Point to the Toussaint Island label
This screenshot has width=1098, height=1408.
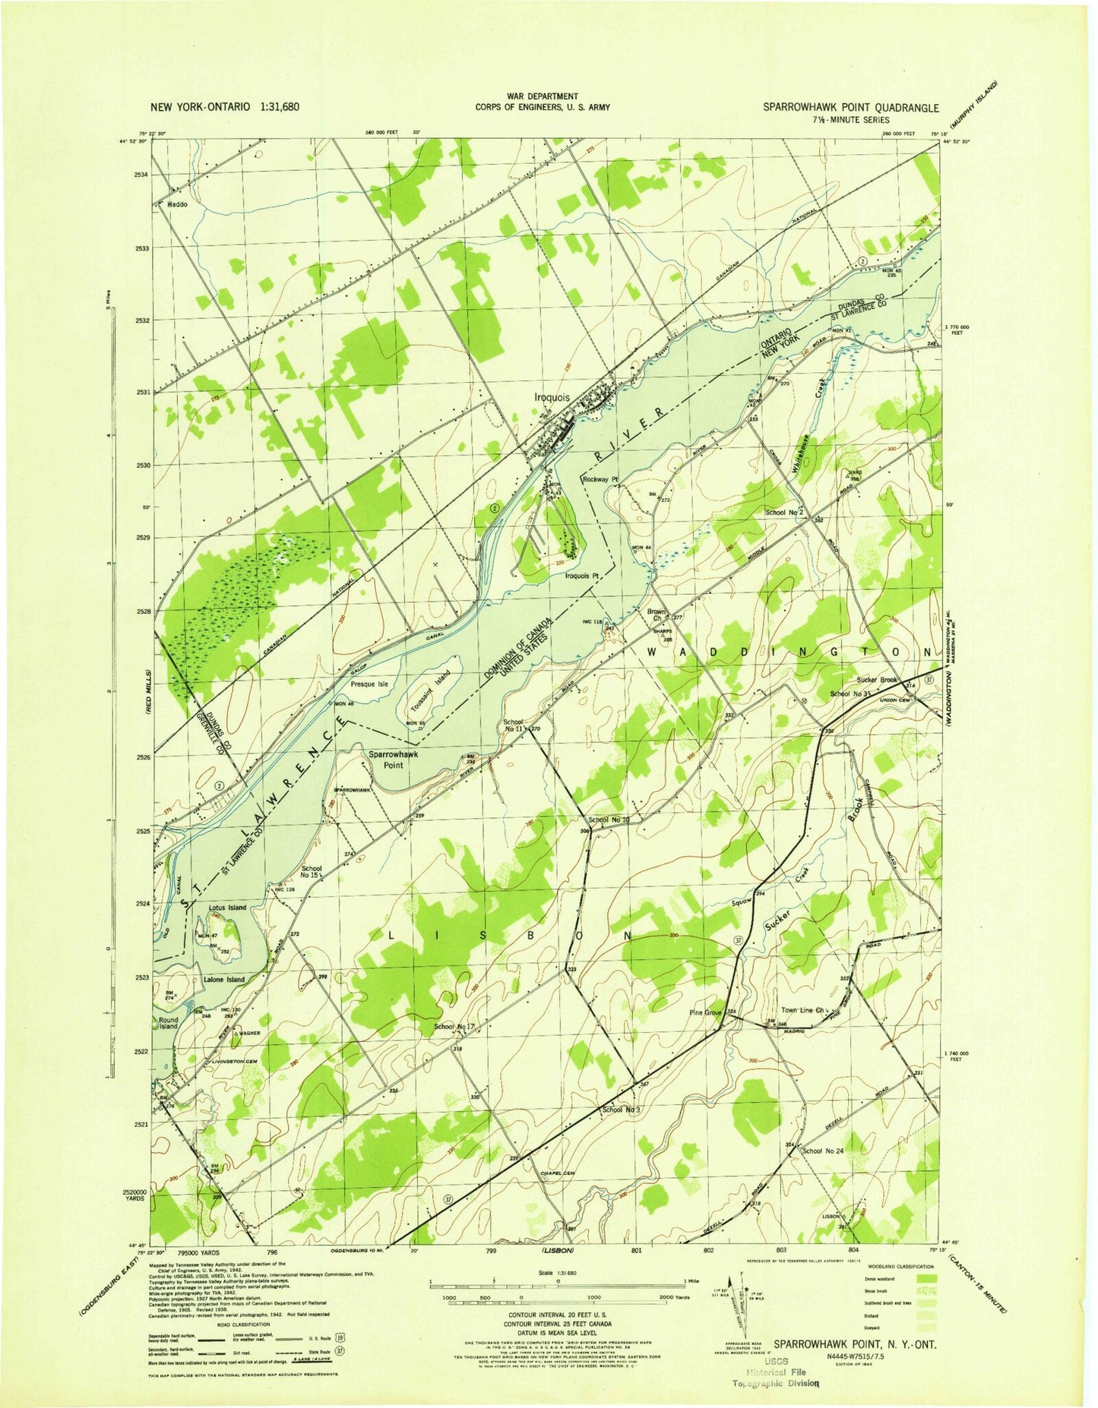431,691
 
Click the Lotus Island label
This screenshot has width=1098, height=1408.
226,908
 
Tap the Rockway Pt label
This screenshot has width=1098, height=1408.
601,479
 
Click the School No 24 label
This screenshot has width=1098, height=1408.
823,1151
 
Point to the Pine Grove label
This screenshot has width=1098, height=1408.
705,1013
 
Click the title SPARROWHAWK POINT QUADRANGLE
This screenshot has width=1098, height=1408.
851,108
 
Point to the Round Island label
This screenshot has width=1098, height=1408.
168,1023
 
